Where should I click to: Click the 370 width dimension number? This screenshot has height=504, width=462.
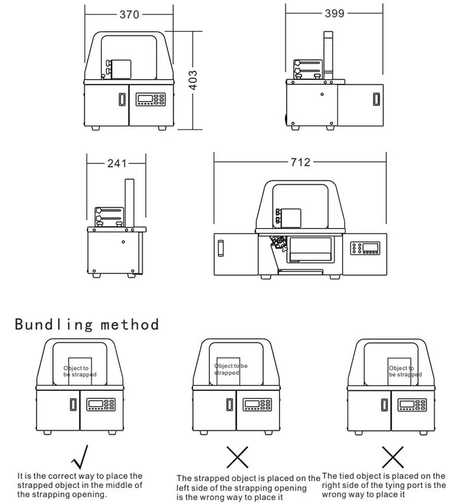click(129, 14)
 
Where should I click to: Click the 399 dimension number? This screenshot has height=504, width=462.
click(334, 13)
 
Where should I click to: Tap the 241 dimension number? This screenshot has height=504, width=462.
click(116, 163)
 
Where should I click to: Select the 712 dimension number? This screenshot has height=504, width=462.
click(300, 162)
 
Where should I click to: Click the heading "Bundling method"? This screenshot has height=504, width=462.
click(87, 324)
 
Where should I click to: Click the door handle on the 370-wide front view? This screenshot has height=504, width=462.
click(121, 99)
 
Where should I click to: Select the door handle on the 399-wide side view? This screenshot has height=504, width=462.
click(377, 99)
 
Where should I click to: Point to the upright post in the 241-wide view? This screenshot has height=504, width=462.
click(129, 203)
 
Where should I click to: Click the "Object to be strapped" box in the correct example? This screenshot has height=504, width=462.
click(80, 371)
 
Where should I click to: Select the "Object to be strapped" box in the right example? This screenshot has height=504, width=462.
click(401, 371)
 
